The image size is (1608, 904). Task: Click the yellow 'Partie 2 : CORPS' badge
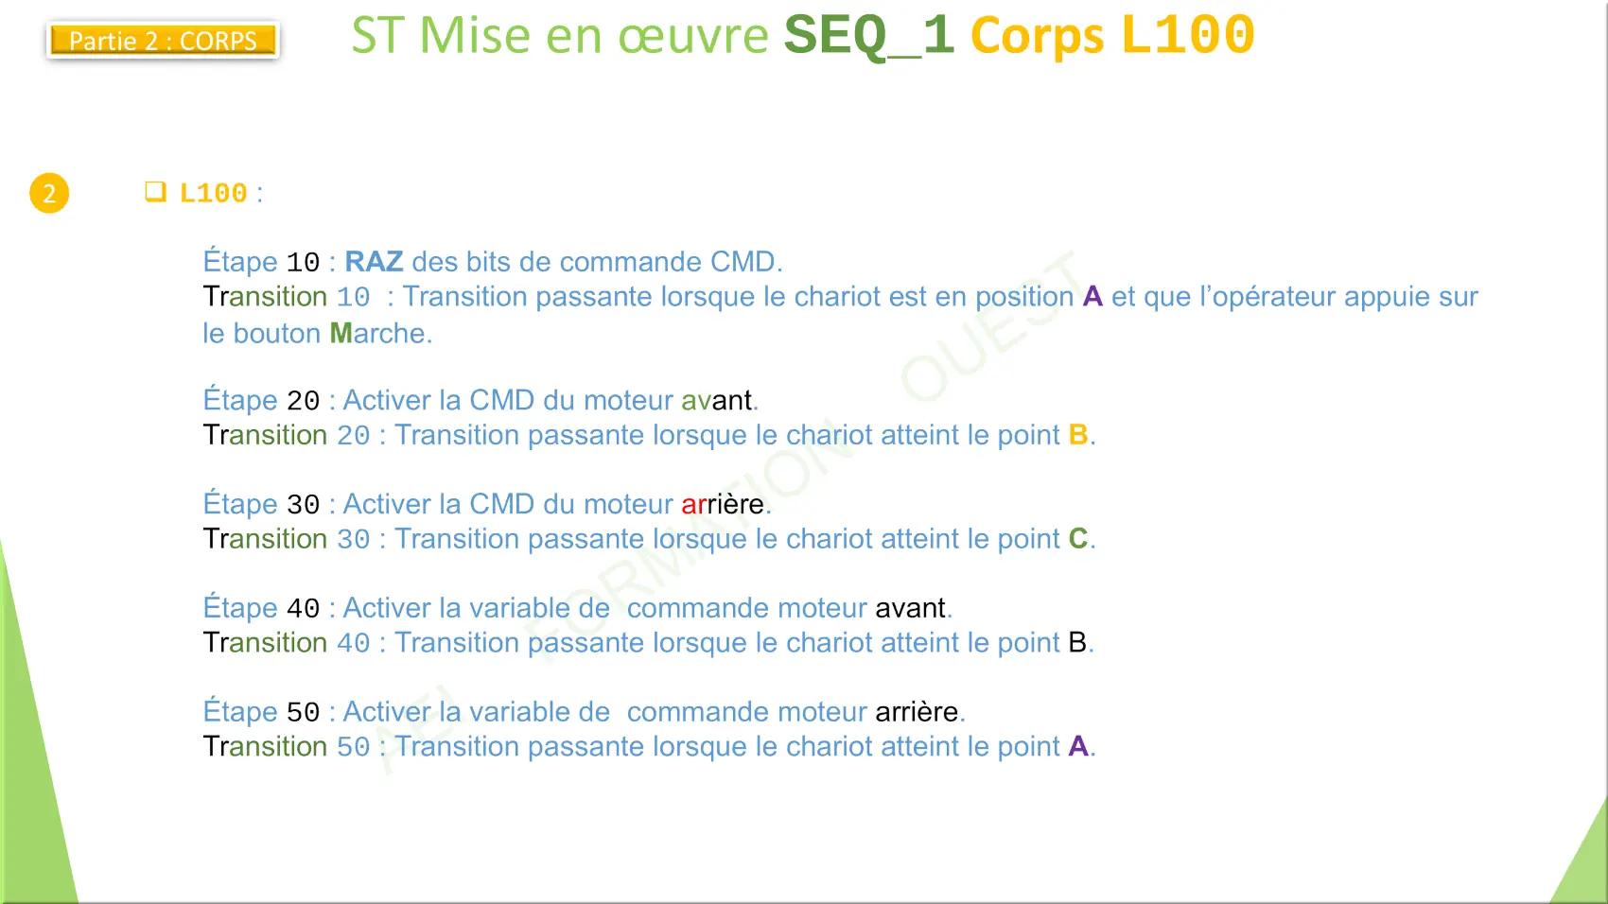point(163,40)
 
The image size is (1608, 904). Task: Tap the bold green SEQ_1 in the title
point(868,35)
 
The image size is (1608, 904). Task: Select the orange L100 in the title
point(1188,34)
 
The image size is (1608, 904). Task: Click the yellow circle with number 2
point(49,193)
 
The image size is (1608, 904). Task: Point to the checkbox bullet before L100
point(155,192)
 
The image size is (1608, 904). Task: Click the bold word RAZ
point(374,261)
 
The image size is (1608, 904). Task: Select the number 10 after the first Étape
point(303,263)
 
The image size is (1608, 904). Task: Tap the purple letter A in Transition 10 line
point(1092,296)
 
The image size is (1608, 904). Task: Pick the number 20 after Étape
point(303,400)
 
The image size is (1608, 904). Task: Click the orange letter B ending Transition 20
point(1078,435)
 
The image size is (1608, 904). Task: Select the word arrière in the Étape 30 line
point(723,504)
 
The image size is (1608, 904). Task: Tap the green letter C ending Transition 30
point(1078,538)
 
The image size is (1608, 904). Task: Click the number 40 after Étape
point(303,608)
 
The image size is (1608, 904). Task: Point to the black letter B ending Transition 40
point(1077,642)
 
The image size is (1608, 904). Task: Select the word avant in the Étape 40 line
point(910,608)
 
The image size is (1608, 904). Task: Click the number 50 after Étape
point(303,712)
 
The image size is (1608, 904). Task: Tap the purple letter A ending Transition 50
point(1078,746)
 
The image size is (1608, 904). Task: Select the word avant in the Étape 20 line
point(716,400)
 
